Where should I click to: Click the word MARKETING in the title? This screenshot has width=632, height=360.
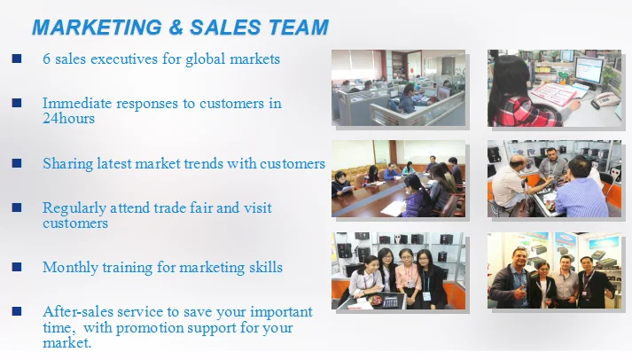pos(97,27)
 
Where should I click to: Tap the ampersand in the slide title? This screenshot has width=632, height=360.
pos(176,27)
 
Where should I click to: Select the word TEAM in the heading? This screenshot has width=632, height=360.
pos(299,27)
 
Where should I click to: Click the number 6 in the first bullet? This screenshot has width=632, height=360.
pos(47,59)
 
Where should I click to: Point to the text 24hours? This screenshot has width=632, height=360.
pos(68,119)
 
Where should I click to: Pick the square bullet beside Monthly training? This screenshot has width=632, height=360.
pos(17,267)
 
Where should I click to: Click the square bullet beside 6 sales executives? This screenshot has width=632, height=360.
pos(17,59)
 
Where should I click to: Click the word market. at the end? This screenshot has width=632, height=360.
pos(66,342)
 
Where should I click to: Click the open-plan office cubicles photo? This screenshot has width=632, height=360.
pos(398,88)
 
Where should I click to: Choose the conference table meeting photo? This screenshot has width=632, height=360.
pos(398,178)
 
